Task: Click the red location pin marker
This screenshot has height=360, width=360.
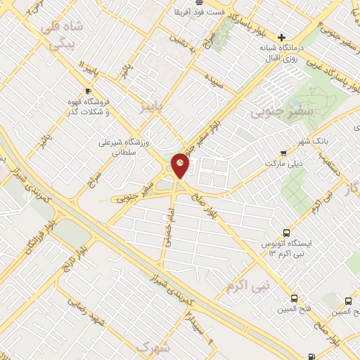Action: click(181, 165)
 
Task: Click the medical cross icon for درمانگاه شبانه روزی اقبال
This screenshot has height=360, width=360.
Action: click(282, 37)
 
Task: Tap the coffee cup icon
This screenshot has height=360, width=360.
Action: click(88, 91)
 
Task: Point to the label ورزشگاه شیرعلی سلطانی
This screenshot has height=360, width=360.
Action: click(124, 146)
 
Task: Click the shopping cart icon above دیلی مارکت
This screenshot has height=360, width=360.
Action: click(283, 153)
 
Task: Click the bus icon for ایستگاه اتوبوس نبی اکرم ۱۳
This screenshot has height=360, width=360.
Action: click(285, 232)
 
